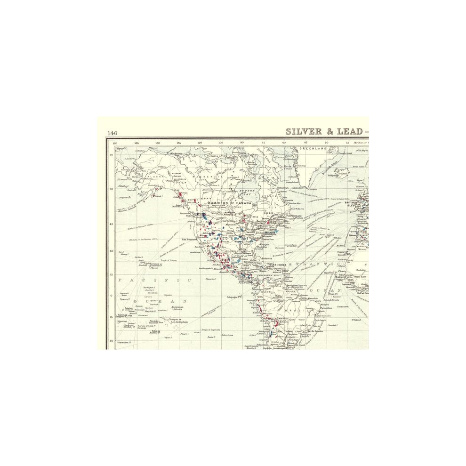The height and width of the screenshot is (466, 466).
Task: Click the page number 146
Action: (112, 133)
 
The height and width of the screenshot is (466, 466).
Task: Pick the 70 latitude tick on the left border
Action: (112, 155)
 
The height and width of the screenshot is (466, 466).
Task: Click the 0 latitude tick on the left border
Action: (112, 296)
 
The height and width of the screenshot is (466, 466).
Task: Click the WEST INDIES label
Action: (278, 265)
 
